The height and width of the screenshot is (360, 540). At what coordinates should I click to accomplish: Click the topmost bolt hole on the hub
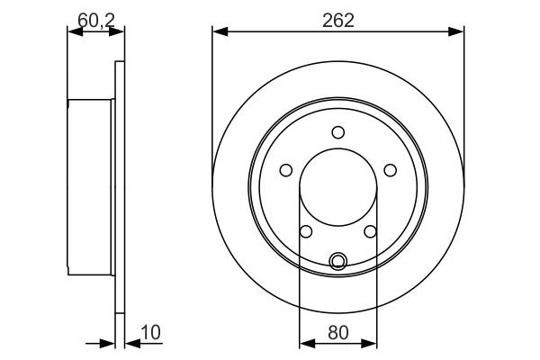pyautogui.click(x=337, y=132)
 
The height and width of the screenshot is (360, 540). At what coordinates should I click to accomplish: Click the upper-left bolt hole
pyautogui.click(x=285, y=169)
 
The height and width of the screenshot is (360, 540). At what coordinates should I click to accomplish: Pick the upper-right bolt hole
pyautogui.click(x=390, y=169)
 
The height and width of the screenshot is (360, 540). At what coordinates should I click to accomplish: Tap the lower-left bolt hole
pyautogui.click(x=306, y=231)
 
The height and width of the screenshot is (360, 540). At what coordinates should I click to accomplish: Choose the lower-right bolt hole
pyautogui.click(x=370, y=231)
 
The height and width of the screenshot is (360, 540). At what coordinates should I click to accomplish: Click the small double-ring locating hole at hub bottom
pyautogui.click(x=337, y=261)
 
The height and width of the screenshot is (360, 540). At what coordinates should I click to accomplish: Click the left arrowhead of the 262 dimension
pyautogui.click(x=217, y=32)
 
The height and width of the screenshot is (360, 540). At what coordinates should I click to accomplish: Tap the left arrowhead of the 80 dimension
pyautogui.click(x=303, y=343)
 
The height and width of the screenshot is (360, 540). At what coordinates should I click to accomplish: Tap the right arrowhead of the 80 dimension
pyautogui.click(x=372, y=343)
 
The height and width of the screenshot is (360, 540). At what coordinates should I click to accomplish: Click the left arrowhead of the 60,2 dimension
pyautogui.click(x=72, y=32)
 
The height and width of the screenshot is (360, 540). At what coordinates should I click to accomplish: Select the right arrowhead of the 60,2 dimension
pyautogui.click(x=119, y=32)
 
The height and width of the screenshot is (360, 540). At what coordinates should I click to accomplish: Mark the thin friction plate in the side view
pyautogui.click(x=120, y=189)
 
